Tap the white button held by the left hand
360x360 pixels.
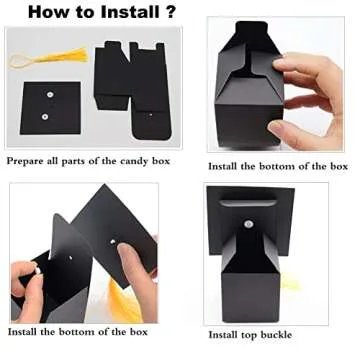pos(34,269)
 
